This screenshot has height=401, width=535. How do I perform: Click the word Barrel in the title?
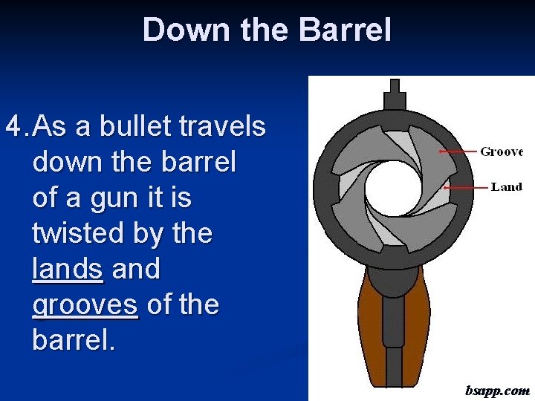pos(344,30)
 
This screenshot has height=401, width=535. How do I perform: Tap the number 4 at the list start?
pos(14,127)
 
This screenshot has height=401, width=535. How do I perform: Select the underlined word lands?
pos(68,269)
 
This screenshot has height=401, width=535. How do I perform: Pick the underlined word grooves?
pos(85,304)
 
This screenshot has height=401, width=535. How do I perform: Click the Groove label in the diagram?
pos(502,151)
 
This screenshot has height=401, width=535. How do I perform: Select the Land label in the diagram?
pos(506,187)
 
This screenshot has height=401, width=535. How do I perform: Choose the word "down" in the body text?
pos(65,162)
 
